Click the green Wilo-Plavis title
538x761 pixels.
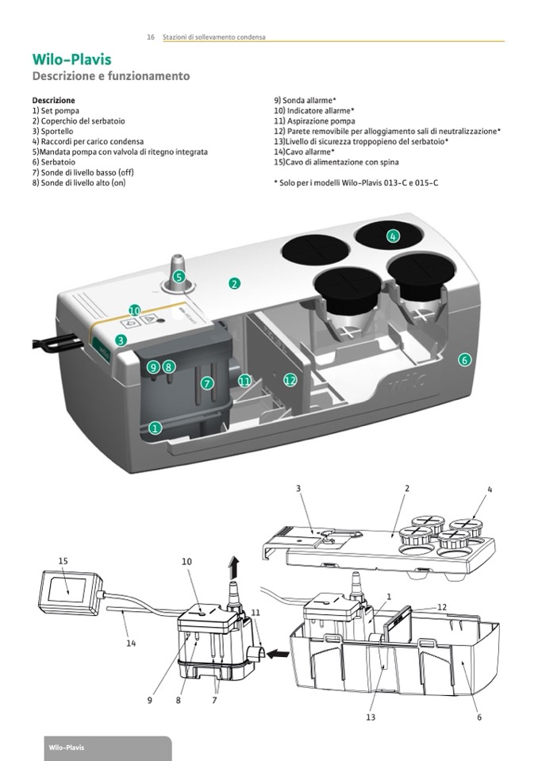pos(71,60)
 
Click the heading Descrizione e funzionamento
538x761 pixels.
pos(110,77)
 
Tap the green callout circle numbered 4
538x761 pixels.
pos(393,236)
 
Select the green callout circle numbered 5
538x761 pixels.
pos(179,277)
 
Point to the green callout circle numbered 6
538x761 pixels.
pos(465,359)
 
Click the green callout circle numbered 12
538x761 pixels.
pos(290,380)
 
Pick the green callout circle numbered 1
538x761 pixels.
pos(156,428)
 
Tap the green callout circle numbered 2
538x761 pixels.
pos(234,283)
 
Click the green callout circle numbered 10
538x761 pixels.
pos(135,310)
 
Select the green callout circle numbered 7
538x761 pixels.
pos(208,383)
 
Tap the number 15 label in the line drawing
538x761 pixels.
pos(63,561)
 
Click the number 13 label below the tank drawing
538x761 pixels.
pos(371,717)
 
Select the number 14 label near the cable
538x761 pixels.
pos(131,644)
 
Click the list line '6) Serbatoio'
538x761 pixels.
pos(56,161)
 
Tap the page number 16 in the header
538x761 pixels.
pos(150,37)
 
